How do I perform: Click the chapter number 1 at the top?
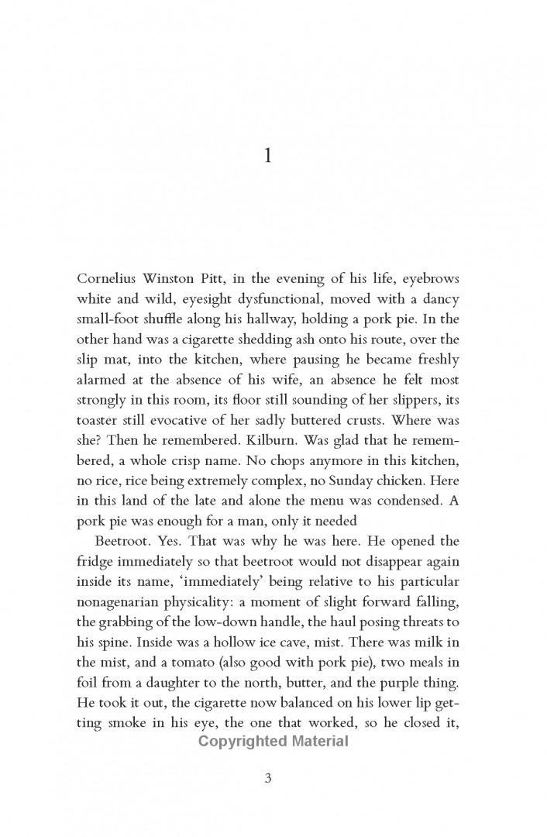click(267, 157)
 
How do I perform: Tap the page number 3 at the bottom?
click(267, 779)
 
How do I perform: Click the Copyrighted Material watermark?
click(273, 741)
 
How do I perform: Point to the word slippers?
click(393, 400)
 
